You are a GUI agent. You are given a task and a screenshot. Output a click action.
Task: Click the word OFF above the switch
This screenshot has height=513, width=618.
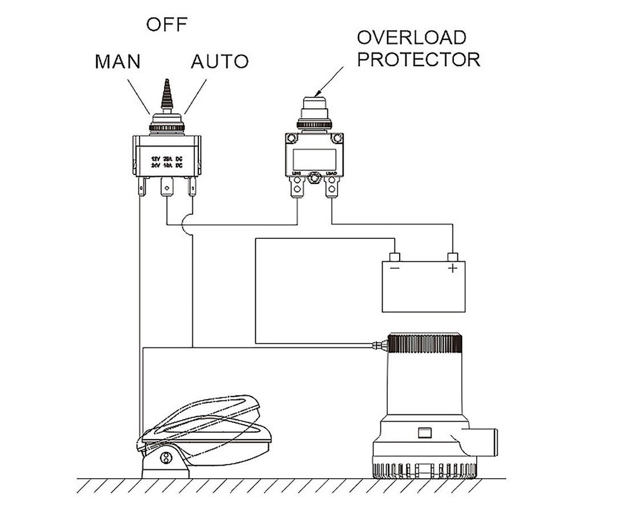tap(166, 25)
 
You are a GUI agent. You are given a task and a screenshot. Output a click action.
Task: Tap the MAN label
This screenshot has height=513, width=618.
tap(117, 62)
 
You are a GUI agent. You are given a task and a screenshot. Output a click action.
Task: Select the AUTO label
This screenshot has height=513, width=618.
tap(219, 62)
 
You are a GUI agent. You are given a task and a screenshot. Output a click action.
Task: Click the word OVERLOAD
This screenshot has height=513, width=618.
tap(411, 38)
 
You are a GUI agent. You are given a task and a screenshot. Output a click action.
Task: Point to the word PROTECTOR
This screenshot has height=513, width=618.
tap(418, 60)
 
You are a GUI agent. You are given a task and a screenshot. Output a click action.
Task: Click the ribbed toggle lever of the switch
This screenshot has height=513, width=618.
tap(167, 97)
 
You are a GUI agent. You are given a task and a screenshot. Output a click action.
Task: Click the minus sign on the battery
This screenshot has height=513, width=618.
tap(394, 267)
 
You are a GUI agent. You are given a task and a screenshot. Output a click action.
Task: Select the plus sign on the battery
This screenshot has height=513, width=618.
tap(453, 267)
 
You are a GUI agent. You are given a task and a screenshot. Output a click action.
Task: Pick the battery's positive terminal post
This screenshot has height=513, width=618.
tap(453, 256)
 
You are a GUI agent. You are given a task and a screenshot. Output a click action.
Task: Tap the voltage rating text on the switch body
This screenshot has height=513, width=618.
tap(165, 161)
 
